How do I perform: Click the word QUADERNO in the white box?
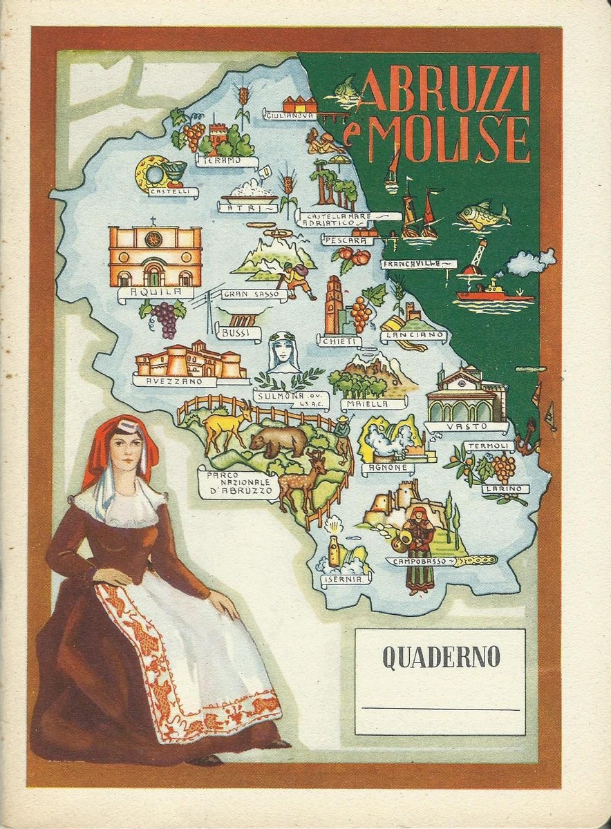[x=440, y=658]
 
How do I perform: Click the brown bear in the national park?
[x=279, y=440]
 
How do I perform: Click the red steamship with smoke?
[x=492, y=293]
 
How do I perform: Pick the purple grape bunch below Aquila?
[x=164, y=318]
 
